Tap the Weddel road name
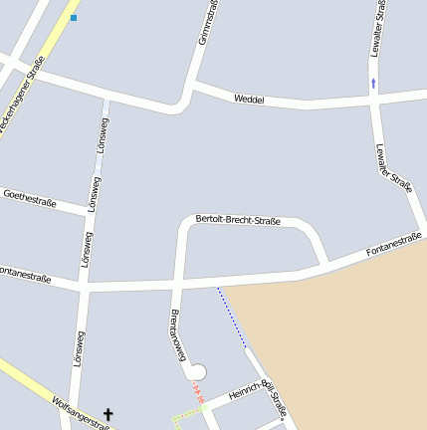pos(249,100)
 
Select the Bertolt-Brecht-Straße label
pos(238,219)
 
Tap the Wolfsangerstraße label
pos(80,413)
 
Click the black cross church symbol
pos(108,414)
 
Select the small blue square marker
pos(74,18)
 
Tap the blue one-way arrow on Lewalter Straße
pos(374,84)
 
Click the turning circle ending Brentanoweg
pos(197,371)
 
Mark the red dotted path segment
pos(198,393)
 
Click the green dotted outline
pos(185,417)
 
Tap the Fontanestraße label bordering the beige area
pos(393,244)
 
